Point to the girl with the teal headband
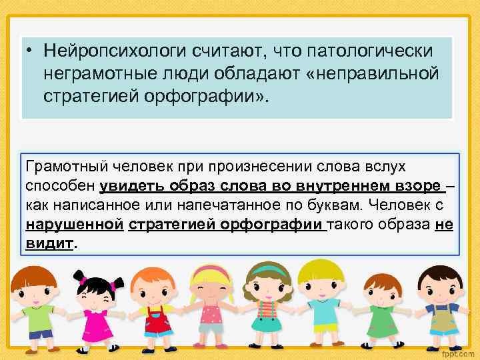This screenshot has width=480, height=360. [268, 303]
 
